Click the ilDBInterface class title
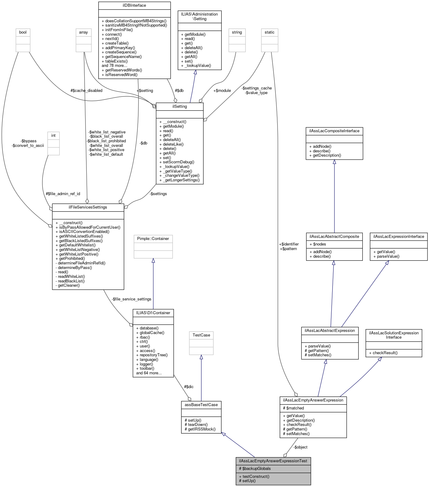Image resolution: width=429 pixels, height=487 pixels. (134, 5)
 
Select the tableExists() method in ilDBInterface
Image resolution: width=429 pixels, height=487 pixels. (115, 61)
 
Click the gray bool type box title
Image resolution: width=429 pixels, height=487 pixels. (23, 32)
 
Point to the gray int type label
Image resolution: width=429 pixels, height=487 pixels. (53, 136)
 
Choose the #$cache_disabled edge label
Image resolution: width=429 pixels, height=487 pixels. (86, 91)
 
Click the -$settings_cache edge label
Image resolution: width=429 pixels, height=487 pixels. (256, 88)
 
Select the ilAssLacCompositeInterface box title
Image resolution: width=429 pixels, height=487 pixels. (334, 131)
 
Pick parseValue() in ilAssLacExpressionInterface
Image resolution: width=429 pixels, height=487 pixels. (386, 256)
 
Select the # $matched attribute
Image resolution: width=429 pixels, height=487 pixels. (293, 408)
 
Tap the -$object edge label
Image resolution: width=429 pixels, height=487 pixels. (300, 447)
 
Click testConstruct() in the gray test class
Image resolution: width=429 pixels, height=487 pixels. (254, 477)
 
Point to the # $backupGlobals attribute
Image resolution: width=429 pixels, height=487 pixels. (255, 469)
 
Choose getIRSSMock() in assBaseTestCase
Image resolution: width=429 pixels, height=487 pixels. (200, 429)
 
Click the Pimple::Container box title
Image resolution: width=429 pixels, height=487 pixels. (153, 239)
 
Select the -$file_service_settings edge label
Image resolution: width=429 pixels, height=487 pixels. (132, 299)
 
